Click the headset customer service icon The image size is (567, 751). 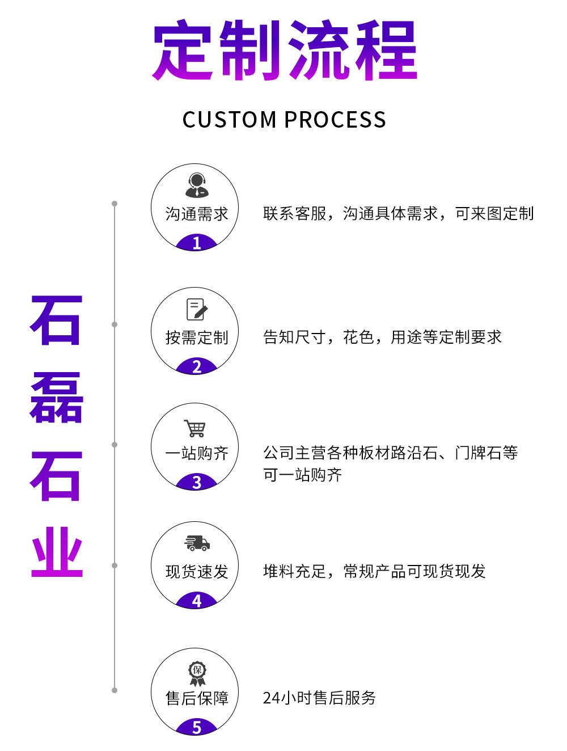[196, 185]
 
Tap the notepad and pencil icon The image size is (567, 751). [197, 309]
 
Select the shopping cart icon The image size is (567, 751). [194, 428]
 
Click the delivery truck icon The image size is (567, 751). [197, 543]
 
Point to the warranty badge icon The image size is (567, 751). [197, 673]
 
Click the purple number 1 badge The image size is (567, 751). [196, 243]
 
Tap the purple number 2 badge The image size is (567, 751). [196, 367]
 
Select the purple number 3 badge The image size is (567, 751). [196, 483]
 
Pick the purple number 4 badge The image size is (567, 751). [196, 601]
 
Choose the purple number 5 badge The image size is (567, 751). [196, 727]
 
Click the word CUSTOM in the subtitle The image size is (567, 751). [229, 120]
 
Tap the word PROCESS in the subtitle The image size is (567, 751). [335, 120]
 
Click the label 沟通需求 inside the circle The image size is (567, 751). [197, 214]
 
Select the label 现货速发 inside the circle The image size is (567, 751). [197, 571]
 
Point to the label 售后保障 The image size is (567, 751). [197, 698]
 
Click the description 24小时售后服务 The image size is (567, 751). [319, 698]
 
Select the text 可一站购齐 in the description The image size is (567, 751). [302, 475]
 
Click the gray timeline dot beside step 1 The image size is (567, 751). [115, 204]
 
